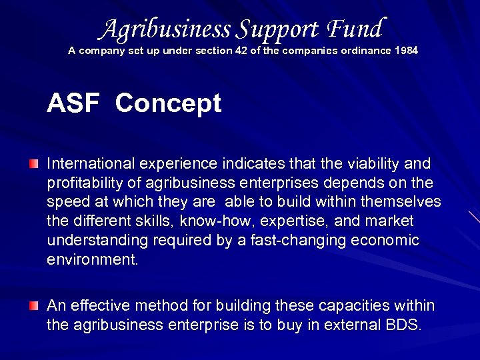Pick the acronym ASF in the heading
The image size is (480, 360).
(x=73, y=104)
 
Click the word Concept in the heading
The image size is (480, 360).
(x=168, y=104)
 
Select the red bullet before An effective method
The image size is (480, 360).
(x=34, y=306)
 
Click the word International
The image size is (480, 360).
(x=91, y=164)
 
